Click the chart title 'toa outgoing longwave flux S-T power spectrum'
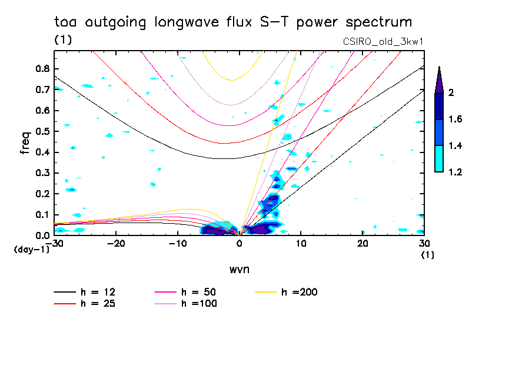[232, 22]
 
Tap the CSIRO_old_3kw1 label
[383, 42]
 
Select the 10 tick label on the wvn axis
[301, 243]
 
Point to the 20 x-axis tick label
[363, 243]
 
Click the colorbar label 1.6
[455, 120]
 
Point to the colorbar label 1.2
[455, 172]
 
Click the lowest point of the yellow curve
[232, 80]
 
